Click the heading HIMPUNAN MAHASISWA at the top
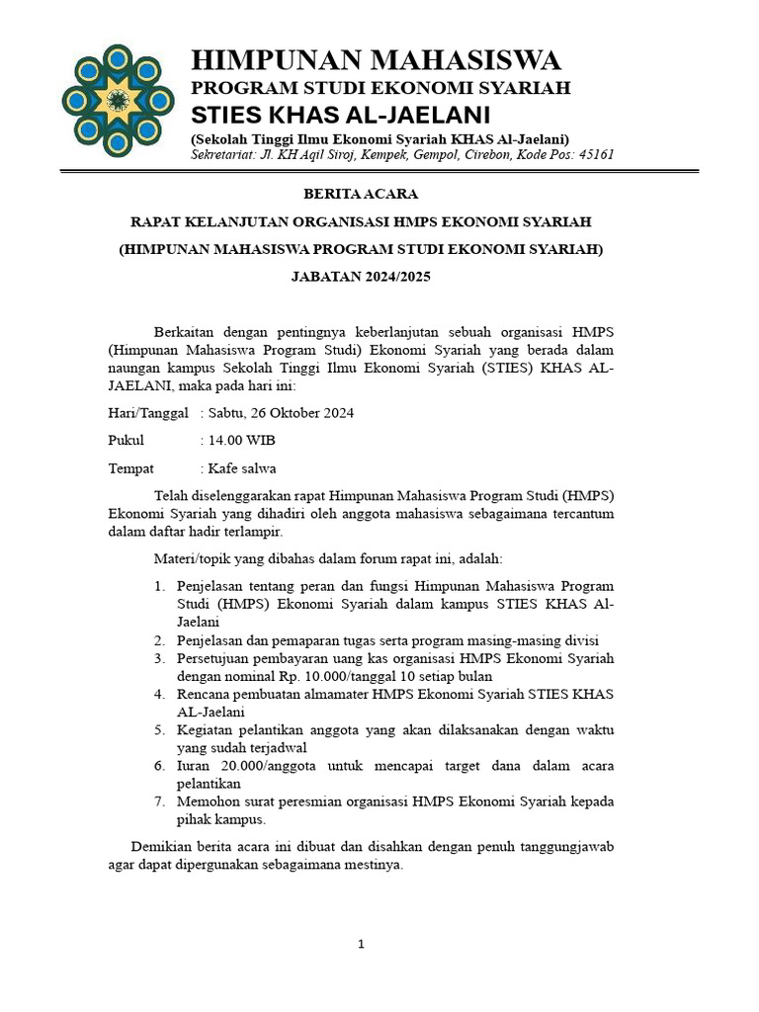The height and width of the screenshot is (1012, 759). point(376,60)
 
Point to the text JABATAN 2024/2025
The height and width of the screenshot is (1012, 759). point(361,278)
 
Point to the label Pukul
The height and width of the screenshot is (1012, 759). point(126,440)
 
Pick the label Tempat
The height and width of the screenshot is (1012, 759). point(131,467)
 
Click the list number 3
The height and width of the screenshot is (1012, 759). point(158,658)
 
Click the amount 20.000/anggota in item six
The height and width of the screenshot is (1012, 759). point(262,765)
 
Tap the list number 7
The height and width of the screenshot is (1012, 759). point(158,801)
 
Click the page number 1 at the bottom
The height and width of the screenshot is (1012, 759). point(362,944)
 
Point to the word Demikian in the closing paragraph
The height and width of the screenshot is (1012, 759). point(162,846)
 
